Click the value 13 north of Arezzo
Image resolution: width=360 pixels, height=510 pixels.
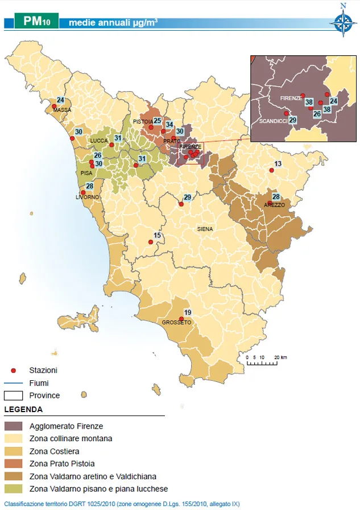point(278,164)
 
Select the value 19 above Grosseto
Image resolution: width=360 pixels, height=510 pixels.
point(188,312)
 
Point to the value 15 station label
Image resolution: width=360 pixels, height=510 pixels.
point(158,236)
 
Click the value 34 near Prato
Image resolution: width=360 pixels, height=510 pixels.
point(169,125)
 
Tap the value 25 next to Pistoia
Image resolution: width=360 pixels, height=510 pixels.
point(158,121)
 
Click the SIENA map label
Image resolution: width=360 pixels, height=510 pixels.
point(205,229)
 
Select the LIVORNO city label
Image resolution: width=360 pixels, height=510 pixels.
point(87,198)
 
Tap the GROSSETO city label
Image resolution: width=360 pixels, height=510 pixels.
point(176,323)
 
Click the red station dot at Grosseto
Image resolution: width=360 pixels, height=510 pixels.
point(181,318)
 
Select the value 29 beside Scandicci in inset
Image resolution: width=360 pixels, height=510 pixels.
point(293,120)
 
